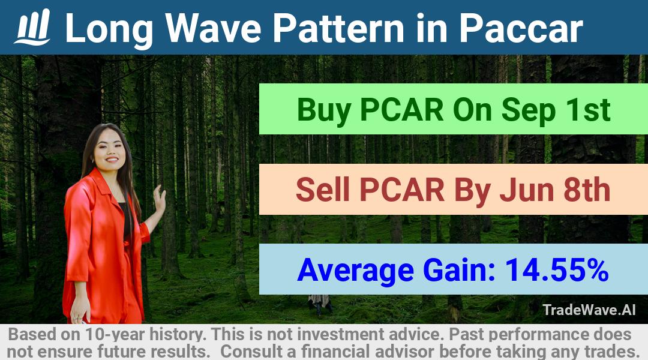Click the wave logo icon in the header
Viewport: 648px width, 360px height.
[32, 27]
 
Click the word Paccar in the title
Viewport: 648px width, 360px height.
[521, 29]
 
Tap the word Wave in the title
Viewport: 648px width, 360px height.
[213, 29]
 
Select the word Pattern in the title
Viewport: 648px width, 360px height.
[339, 29]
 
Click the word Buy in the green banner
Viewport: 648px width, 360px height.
[323, 110]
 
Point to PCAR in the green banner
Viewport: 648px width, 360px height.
[401, 110]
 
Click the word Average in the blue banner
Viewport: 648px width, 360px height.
[355, 271]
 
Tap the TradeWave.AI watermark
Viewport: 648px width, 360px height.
[589, 310]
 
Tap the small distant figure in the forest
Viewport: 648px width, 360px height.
[320, 304]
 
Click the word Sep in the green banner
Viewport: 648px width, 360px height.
[529, 110]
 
